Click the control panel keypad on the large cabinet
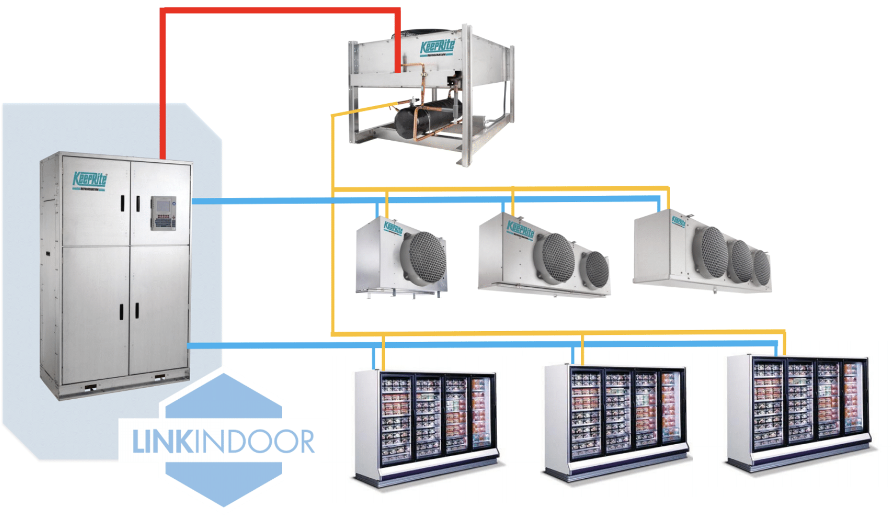click(163, 213)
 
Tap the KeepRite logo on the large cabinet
click(90, 180)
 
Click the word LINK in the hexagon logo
click(162, 442)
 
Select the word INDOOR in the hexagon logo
click(253, 442)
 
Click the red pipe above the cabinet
click(162, 81)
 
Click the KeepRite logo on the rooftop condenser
click(437, 48)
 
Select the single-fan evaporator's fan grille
click(427, 259)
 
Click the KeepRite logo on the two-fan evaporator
click(521, 229)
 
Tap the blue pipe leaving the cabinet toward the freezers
click(271, 345)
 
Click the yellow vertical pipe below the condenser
click(332, 162)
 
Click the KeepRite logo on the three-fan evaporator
click(678, 221)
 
